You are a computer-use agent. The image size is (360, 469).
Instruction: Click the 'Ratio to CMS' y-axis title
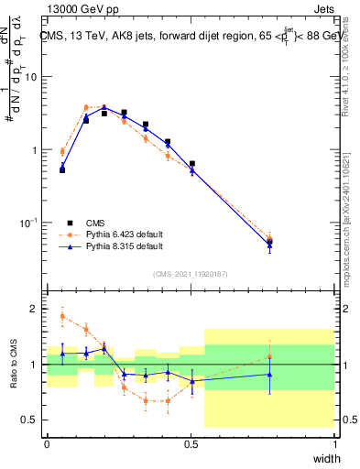click(13, 364)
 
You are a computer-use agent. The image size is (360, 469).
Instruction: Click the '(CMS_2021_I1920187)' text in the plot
click(190, 274)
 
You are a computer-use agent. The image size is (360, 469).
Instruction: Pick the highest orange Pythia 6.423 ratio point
click(62, 316)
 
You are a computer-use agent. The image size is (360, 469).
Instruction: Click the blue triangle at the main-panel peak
click(105, 107)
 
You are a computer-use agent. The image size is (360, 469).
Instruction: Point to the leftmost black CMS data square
click(62, 169)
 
